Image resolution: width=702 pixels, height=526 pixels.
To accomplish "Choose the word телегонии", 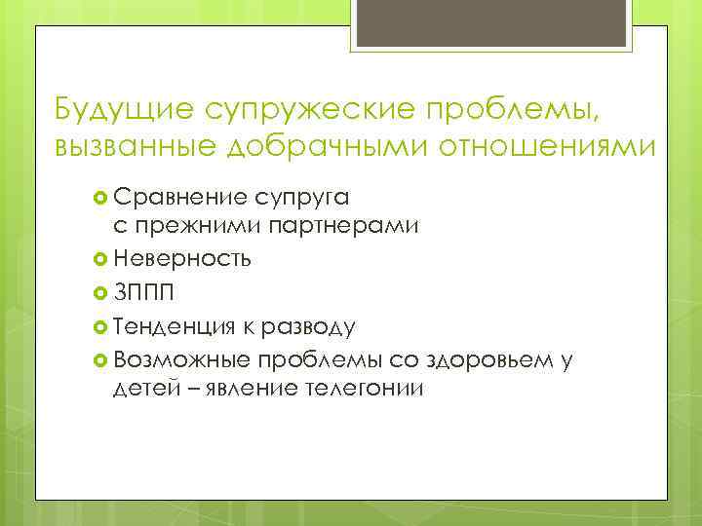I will (363, 389).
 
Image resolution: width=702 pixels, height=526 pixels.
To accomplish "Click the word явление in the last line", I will (242, 389).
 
